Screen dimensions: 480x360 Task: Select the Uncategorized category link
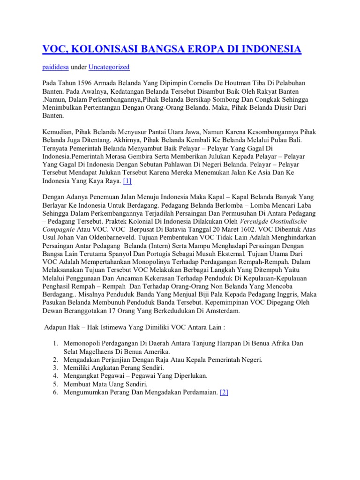109,67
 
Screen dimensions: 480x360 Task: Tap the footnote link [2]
223,392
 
